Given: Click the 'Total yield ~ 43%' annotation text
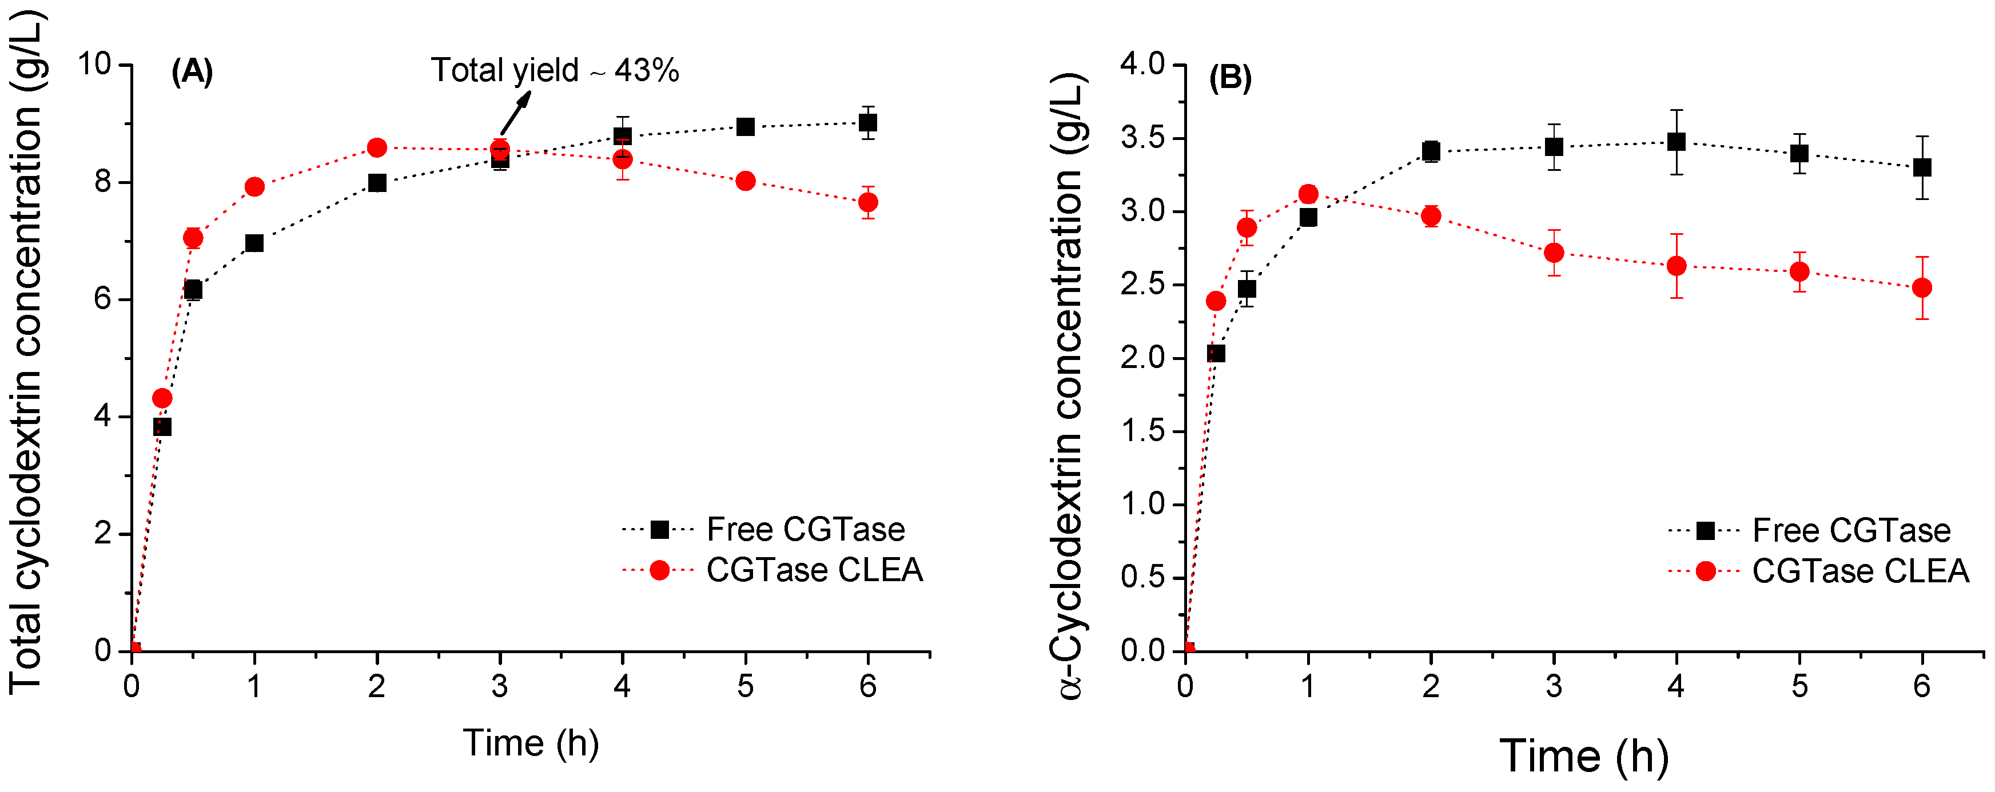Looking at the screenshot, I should click(x=555, y=70).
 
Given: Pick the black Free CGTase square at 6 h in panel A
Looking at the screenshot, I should click(x=868, y=122).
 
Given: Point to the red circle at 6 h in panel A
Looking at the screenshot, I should click(x=868, y=202).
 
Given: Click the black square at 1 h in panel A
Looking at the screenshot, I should click(x=254, y=243).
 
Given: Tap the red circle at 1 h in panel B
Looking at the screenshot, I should click(x=1308, y=194).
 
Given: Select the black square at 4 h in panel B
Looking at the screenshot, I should click(x=1677, y=142).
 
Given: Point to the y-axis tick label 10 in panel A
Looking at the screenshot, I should click(x=94, y=63).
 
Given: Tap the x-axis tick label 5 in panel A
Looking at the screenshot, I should click(x=745, y=686).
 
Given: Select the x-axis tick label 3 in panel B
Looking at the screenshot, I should click(x=1554, y=686).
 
